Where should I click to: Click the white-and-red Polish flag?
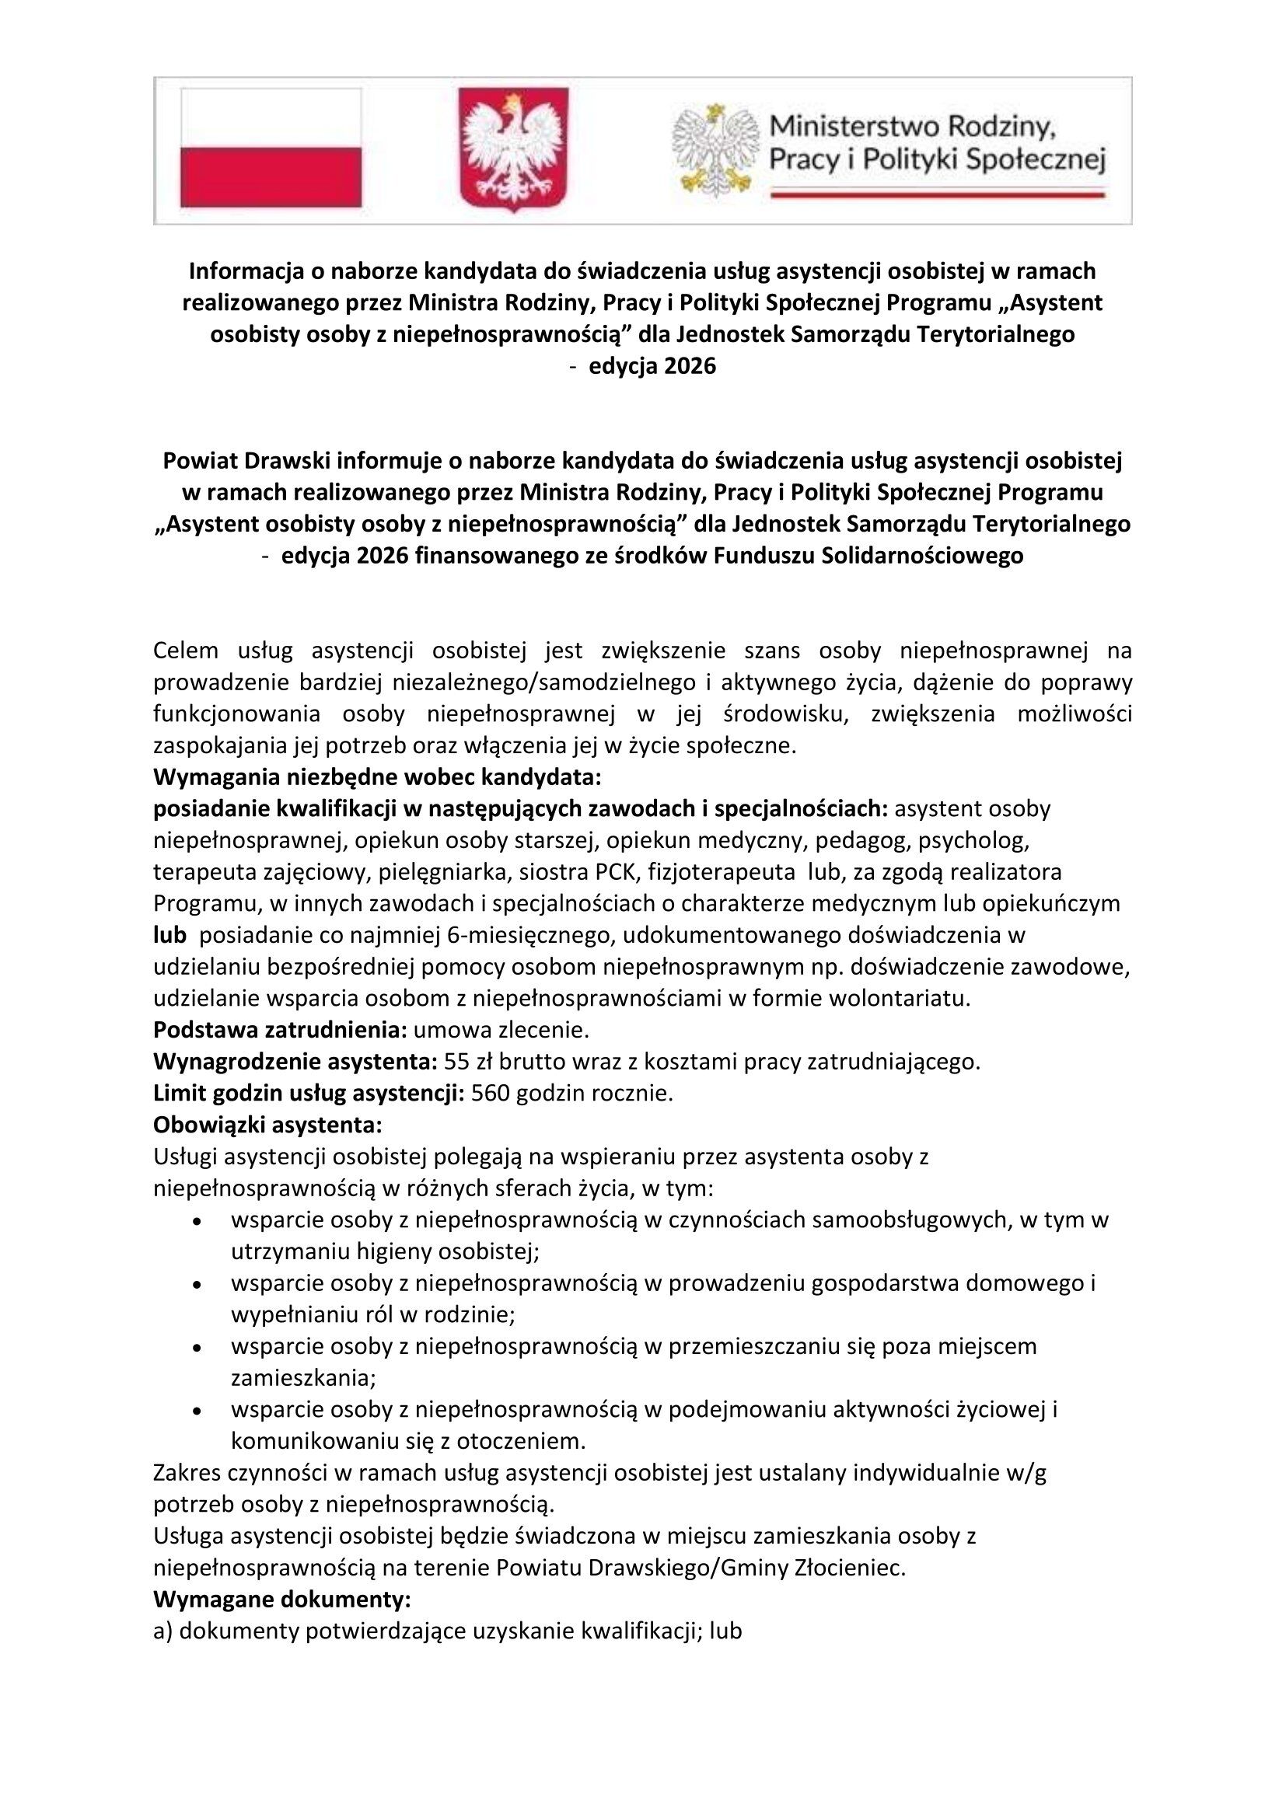(271, 148)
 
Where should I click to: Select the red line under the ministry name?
(938, 193)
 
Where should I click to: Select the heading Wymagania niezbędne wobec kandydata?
(378, 776)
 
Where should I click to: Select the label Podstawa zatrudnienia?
(281, 1030)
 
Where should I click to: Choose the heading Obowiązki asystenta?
(267, 1125)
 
